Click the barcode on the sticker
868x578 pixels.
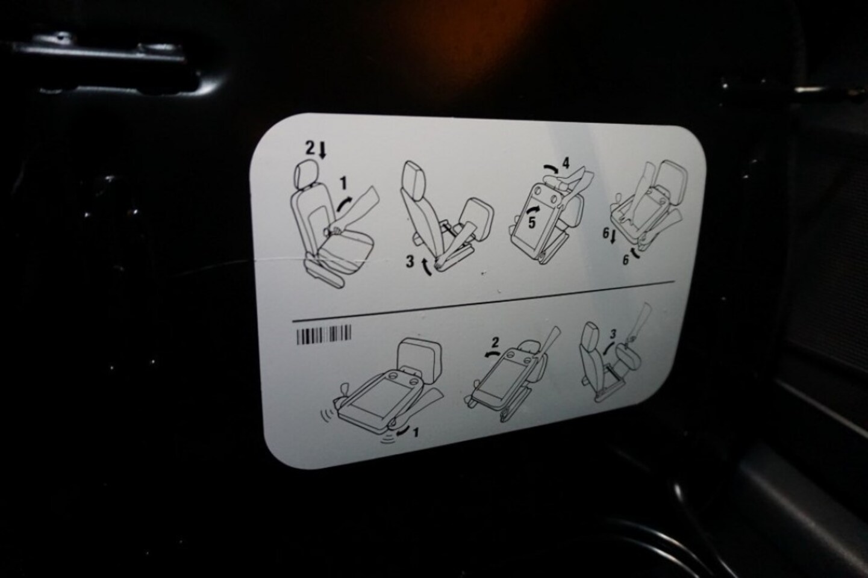pos(324,335)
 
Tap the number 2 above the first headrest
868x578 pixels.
pos(311,148)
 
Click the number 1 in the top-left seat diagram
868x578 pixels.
pos(343,183)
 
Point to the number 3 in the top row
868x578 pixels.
pos(410,262)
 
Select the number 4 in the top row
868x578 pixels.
pos(566,163)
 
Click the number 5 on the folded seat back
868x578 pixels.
pos(531,222)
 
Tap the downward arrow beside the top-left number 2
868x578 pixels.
pos(322,151)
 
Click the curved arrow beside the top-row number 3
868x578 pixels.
pos(426,268)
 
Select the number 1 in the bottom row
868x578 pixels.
pos(416,432)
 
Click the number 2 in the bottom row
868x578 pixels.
pos(495,343)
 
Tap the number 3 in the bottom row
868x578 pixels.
pos(613,333)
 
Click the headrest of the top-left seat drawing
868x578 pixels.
pos(307,173)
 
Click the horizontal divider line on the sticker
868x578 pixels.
pos(484,301)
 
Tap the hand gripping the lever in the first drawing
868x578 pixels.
pos(333,231)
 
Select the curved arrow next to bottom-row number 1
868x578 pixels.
pos(403,430)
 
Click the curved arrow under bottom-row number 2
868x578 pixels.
pos(492,353)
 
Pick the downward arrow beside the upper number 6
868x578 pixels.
pos(613,237)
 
